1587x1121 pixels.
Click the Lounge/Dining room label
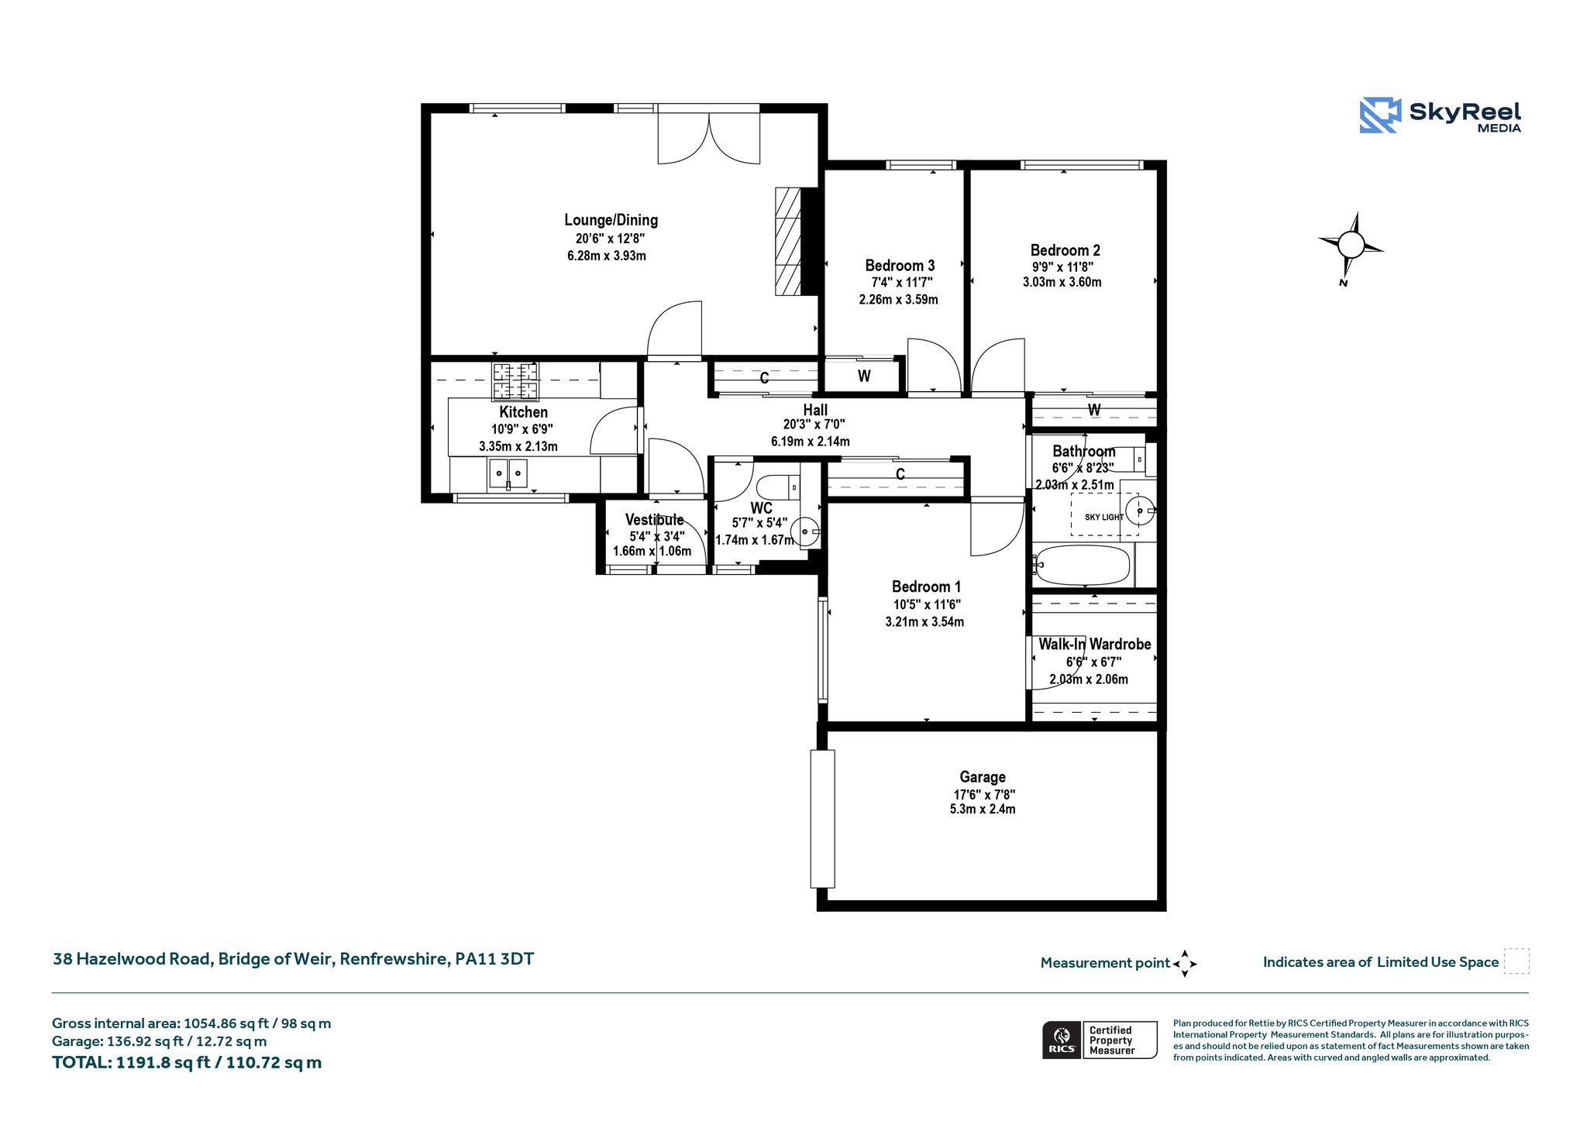(x=611, y=220)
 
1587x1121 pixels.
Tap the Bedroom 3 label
(x=900, y=266)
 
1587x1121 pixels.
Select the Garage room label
(x=983, y=777)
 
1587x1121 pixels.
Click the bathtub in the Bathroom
(x=1083, y=565)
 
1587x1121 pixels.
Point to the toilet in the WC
(x=777, y=487)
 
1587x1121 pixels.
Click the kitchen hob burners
(x=515, y=380)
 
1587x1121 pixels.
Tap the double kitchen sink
(x=508, y=473)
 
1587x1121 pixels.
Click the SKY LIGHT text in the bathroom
(x=1103, y=517)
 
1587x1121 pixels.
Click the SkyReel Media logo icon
(x=1380, y=115)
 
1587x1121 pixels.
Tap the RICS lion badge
(x=1061, y=1040)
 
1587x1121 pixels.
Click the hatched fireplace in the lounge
(x=788, y=241)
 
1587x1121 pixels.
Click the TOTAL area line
(x=187, y=1062)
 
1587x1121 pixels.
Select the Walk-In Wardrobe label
(x=1094, y=645)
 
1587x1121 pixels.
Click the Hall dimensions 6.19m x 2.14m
(x=810, y=442)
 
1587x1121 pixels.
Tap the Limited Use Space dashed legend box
(x=1516, y=961)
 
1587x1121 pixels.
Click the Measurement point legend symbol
(x=1184, y=964)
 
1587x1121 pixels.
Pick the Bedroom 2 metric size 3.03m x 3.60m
(x=1062, y=282)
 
